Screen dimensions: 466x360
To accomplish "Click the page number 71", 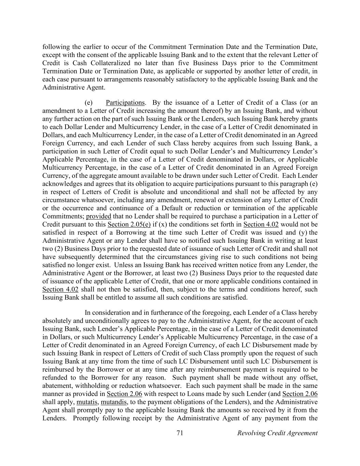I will pyautogui.click(x=180, y=433).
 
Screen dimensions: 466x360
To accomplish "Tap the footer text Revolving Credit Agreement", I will pyautogui.click(x=277, y=433).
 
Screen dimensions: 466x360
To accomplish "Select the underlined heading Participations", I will pyautogui.click(x=125, y=103).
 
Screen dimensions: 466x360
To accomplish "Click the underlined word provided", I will pyautogui.click(x=99, y=216).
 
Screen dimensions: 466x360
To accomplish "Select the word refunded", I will pyautogui.click(x=55, y=378).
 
